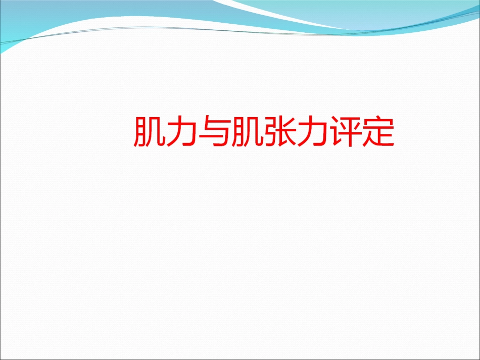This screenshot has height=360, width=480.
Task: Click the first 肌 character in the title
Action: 150,132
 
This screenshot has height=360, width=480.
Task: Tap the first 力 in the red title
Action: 182,132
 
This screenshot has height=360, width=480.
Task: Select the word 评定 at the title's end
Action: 361,132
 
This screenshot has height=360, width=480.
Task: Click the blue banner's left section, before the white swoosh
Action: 76,15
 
